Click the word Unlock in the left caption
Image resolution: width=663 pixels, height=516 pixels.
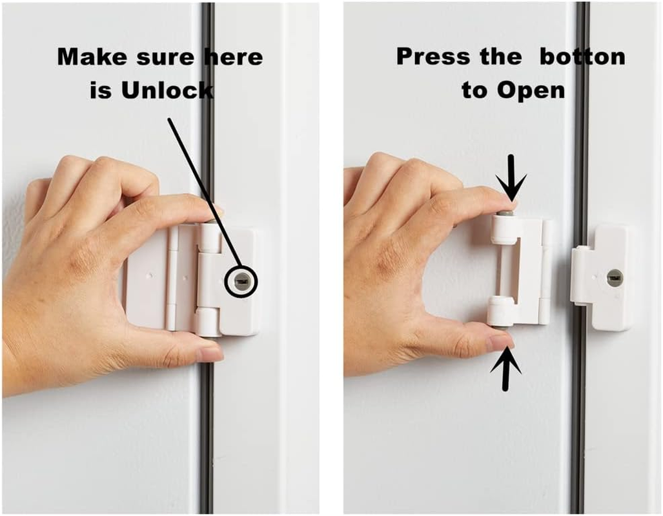(167, 90)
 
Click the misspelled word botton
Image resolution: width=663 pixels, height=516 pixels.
(582, 57)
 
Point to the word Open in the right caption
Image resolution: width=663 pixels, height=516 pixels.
(532, 90)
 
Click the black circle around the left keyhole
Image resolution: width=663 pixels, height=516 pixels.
(241, 282)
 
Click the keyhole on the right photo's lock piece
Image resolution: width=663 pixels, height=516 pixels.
(614, 278)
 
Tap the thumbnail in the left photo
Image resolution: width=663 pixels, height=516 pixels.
(207, 353)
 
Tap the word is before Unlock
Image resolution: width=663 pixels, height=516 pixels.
(101, 90)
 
